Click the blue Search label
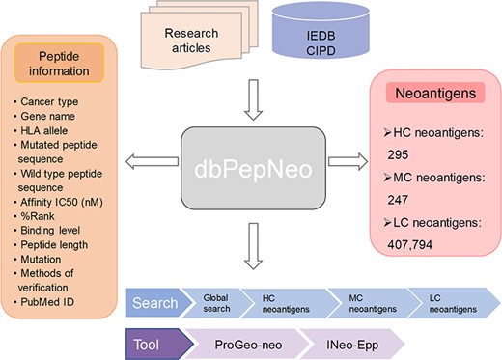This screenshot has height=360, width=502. point(155,302)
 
